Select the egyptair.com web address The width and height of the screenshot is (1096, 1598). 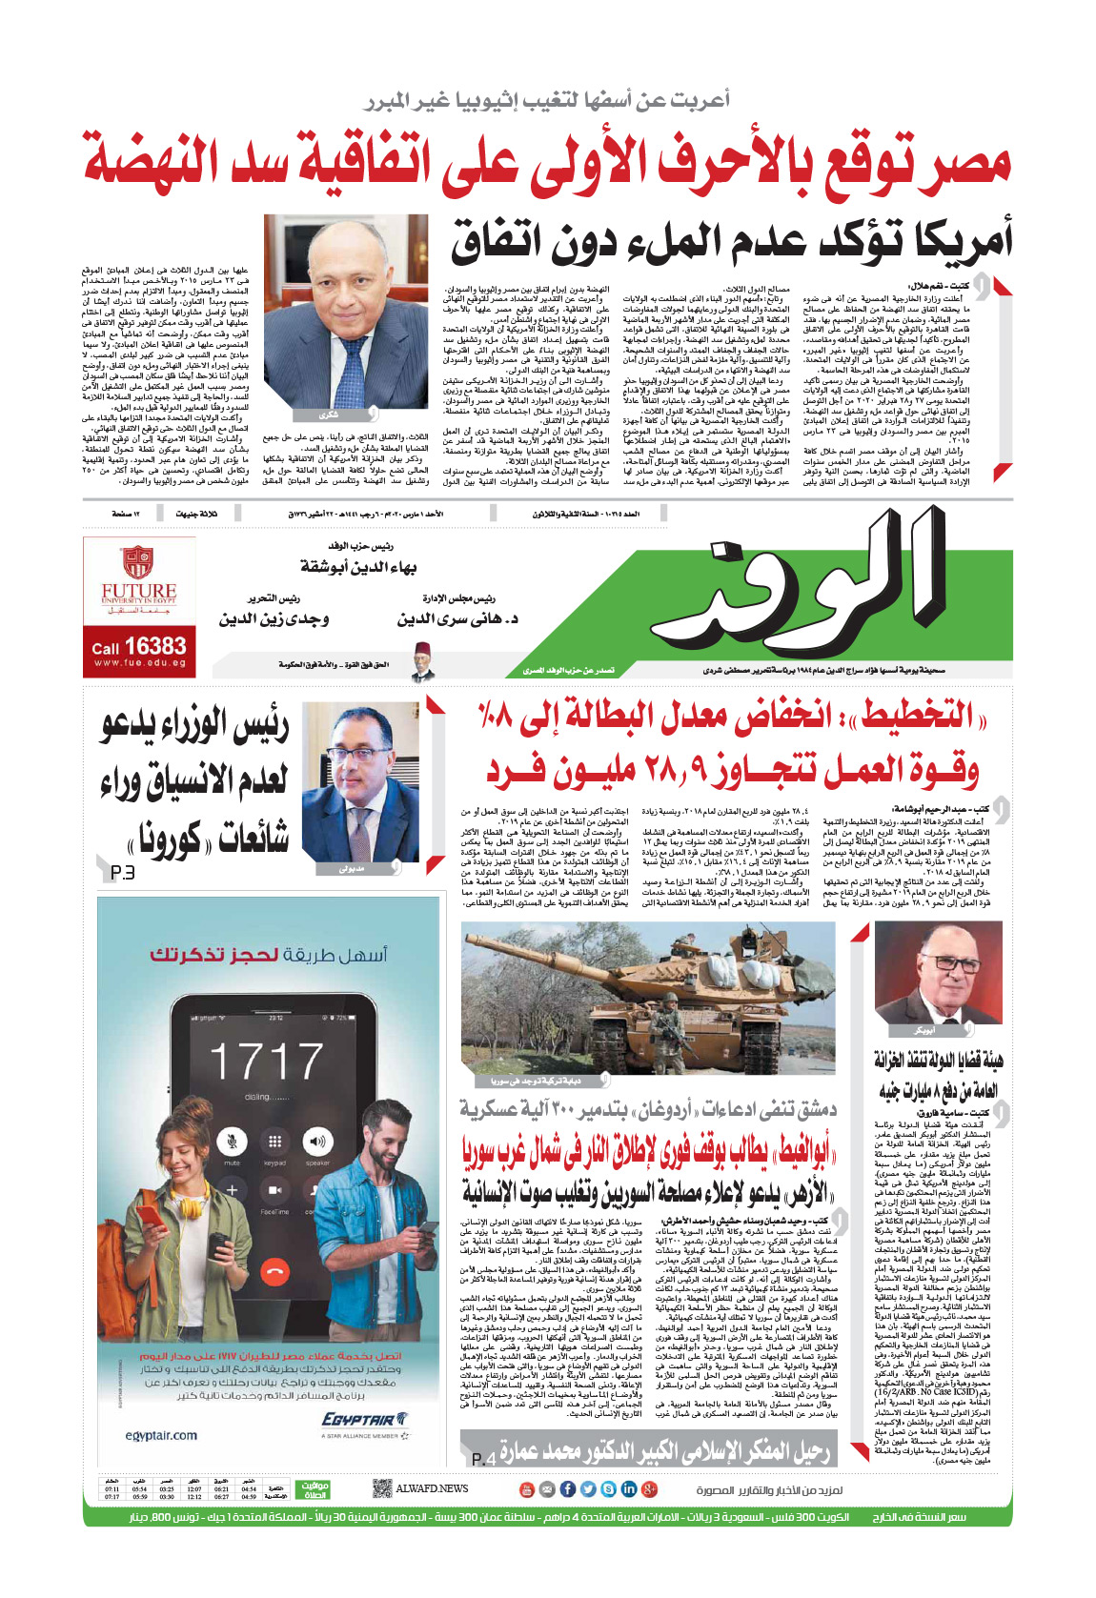pyautogui.click(x=162, y=1435)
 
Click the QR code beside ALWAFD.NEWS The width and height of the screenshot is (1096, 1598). pyautogui.click(x=381, y=1487)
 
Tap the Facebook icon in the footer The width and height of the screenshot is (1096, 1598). pyautogui.click(x=567, y=1488)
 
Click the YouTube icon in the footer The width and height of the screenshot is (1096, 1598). pyautogui.click(x=526, y=1488)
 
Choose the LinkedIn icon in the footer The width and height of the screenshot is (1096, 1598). pyautogui.click(x=629, y=1488)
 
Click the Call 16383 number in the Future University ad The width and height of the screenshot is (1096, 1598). pyautogui.click(x=139, y=647)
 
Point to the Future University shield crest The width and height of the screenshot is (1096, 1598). pyautogui.click(x=139, y=561)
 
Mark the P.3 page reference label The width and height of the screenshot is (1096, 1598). pyautogui.click(x=122, y=873)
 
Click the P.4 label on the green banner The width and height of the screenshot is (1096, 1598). pyautogui.click(x=483, y=1459)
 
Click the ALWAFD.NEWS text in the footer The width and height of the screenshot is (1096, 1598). pyautogui.click(x=433, y=1488)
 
